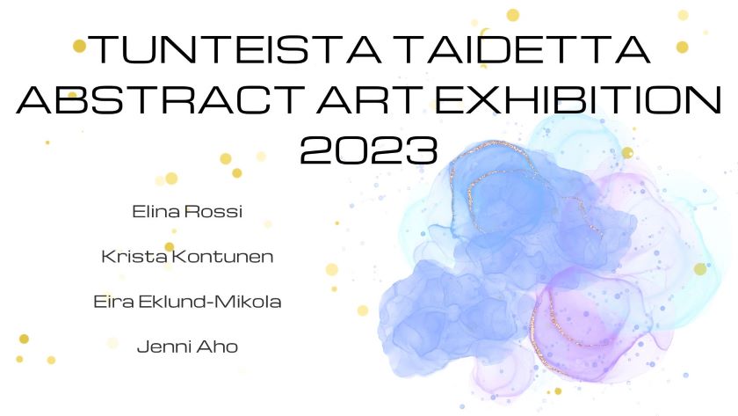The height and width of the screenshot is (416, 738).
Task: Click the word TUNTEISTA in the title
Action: click(234, 49)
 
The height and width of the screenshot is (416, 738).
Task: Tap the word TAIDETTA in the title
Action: click(526, 49)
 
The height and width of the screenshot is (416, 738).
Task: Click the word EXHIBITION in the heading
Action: click(578, 100)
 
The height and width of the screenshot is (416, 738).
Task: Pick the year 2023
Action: click(369, 150)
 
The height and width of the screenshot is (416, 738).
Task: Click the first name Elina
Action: click(156, 212)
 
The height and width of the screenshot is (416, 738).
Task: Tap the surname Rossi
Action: click(213, 212)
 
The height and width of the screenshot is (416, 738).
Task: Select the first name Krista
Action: click(134, 257)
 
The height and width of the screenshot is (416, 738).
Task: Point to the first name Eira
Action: click(114, 302)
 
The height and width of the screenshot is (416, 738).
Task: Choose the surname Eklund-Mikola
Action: click(210, 302)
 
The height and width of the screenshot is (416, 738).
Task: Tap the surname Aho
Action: click(217, 347)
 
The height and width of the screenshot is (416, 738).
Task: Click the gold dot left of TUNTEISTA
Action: click(80, 46)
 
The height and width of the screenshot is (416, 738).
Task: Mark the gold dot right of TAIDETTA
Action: click(682, 47)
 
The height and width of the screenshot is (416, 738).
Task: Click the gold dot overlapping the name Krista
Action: click(170, 247)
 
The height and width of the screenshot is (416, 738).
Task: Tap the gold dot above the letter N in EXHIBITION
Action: click(683, 15)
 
